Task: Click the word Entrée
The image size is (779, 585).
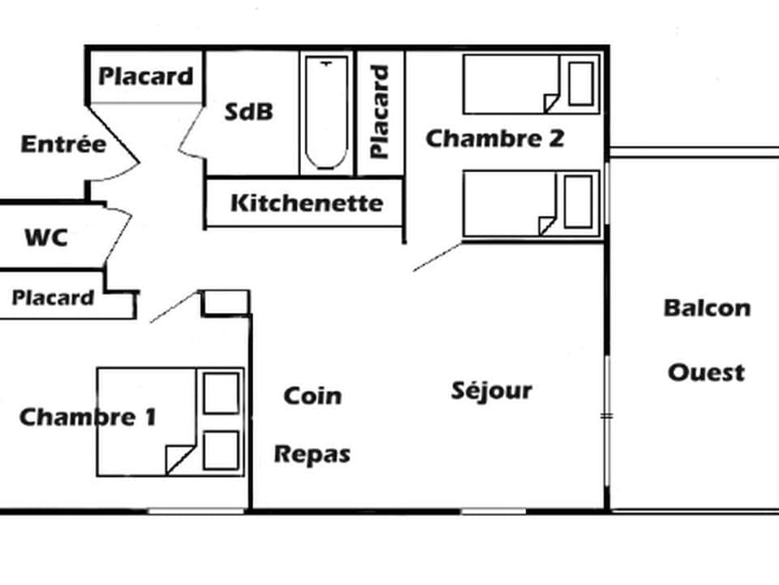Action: pos(63,145)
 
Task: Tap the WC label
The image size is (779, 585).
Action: pos(45,239)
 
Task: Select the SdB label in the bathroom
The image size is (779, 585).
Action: pos(248,112)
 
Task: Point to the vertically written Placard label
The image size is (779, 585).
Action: pos(380,112)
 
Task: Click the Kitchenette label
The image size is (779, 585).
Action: pos(306,202)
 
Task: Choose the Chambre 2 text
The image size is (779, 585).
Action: pos(494,139)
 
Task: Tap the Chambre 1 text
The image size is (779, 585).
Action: pos(87,418)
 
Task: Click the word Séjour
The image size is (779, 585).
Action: pos(492,392)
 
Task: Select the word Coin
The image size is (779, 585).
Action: pos(312,396)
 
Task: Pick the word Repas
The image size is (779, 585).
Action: pos(312,453)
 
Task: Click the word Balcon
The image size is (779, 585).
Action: pos(707,309)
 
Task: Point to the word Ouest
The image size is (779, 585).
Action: pos(706,373)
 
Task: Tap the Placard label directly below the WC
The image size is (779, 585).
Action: pos(53,298)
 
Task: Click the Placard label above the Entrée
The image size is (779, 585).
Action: pos(146,76)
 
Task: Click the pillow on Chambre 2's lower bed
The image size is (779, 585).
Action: pos(578,201)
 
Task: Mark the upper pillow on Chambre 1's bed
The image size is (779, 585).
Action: pos(221,393)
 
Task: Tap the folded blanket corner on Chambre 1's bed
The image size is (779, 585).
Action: pos(179,459)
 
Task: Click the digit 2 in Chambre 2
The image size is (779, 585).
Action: pos(555,139)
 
